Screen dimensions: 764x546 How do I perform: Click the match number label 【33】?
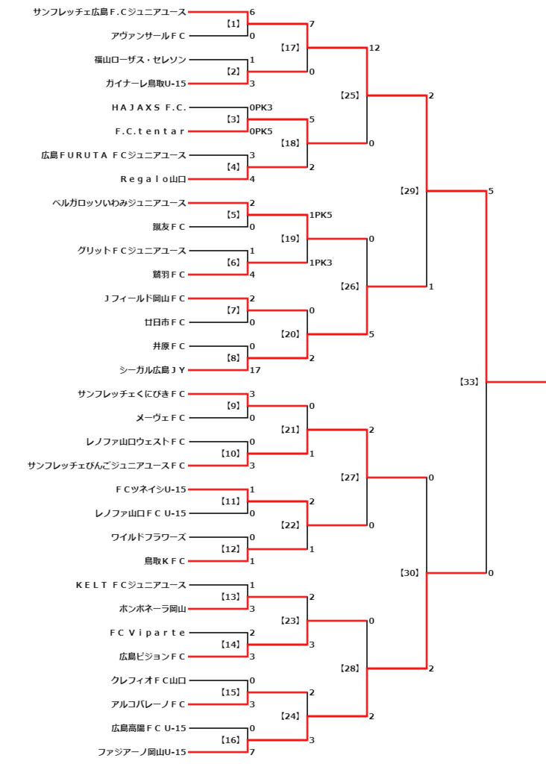[x=470, y=381]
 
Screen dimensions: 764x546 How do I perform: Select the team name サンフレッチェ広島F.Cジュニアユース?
[x=110, y=12]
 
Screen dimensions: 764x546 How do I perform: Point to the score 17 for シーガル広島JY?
[x=255, y=370]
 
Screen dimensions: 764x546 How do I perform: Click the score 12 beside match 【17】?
[x=374, y=48]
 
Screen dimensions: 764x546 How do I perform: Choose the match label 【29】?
[x=410, y=191]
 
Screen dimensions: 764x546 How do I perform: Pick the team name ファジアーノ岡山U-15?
[x=142, y=752]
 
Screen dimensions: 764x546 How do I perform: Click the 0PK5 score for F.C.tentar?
[x=261, y=131]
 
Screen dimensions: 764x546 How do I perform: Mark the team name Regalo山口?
[x=153, y=179]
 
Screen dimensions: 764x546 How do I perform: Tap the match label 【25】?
[x=350, y=95]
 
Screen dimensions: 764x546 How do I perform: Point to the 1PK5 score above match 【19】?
[x=321, y=215]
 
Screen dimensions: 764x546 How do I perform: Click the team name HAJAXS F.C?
[x=148, y=107]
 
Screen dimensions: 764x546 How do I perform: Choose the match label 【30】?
[x=410, y=573]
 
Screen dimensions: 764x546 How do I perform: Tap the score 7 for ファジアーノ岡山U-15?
[x=252, y=752]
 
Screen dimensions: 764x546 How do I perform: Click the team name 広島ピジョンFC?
[x=152, y=657]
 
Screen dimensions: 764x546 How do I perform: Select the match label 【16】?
[x=231, y=739]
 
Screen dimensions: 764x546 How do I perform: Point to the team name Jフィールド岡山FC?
[x=145, y=298]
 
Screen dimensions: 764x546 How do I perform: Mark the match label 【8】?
[x=233, y=358]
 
